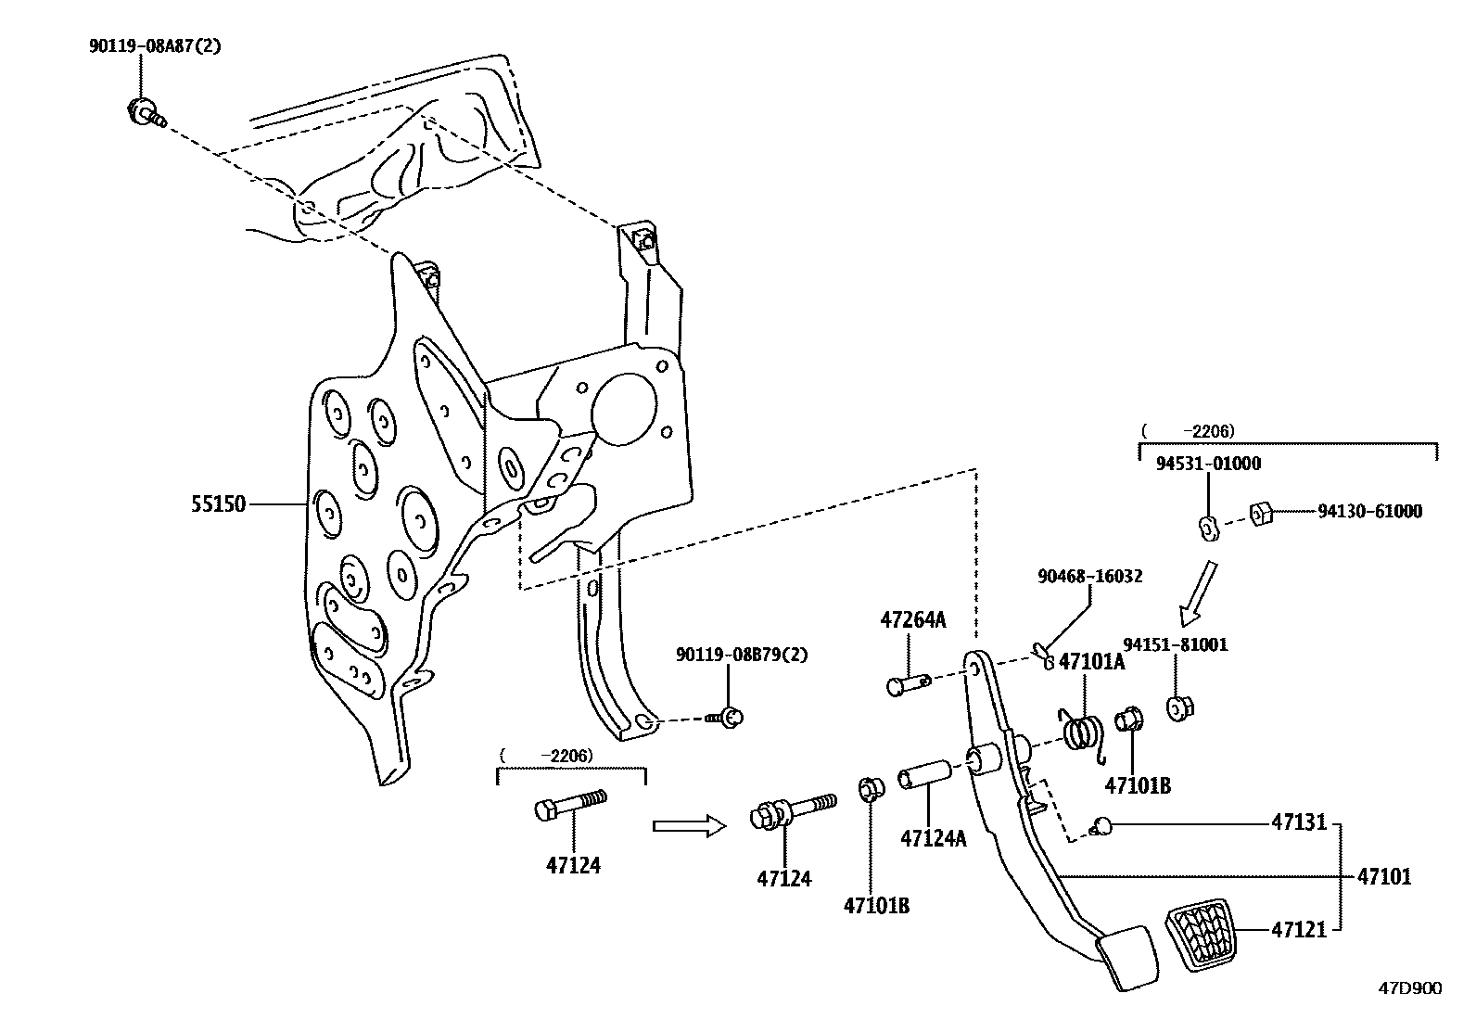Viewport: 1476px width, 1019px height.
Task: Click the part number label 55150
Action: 219,505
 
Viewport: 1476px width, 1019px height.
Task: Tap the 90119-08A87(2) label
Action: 155,45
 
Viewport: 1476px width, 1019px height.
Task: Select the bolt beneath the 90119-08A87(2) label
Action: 144,113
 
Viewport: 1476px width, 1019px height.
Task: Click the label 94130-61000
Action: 1369,511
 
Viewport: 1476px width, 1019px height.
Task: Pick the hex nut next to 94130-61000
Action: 1260,512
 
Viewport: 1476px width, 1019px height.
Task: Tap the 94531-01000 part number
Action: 1207,464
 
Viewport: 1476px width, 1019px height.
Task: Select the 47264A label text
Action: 912,620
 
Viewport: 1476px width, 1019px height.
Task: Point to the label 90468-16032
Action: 1089,576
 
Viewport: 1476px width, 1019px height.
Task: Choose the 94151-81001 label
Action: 1175,644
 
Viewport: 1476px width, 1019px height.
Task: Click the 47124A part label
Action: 933,838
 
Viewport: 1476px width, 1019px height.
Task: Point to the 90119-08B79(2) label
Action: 742,655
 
